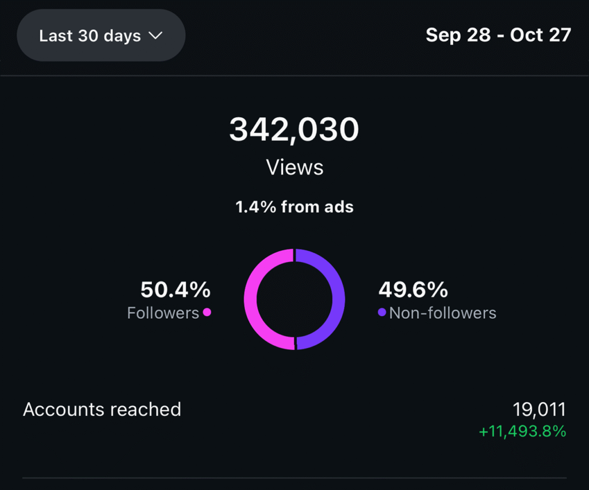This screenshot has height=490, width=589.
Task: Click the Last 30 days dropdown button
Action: pyautogui.click(x=101, y=36)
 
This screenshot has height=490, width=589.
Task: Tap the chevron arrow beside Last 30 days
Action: pyautogui.click(x=155, y=36)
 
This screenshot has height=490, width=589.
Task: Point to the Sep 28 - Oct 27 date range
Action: pyautogui.click(x=498, y=35)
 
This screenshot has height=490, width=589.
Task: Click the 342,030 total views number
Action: pyautogui.click(x=294, y=129)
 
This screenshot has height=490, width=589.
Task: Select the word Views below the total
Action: pyautogui.click(x=294, y=167)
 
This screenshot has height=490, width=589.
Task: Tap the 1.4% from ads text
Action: pyautogui.click(x=294, y=207)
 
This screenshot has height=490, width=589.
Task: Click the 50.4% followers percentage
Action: pyautogui.click(x=175, y=290)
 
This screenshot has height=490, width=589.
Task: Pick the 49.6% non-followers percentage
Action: pyautogui.click(x=413, y=290)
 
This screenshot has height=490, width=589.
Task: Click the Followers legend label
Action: pyautogui.click(x=163, y=313)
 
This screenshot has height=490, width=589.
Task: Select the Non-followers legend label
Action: pyautogui.click(x=442, y=313)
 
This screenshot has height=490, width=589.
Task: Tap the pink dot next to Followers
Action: pyautogui.click(x=207, y=312)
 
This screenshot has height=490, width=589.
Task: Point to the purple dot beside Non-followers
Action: pyautogui.click(x=382, y=312)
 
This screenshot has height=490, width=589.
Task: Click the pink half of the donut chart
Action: pyautogui.click(x=251, y=299)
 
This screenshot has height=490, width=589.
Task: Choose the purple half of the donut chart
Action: pyautogui.click(x=338, y=299)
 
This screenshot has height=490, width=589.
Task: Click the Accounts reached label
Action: pyautogui.click(x=102, y=410)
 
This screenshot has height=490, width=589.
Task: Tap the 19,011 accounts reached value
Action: pyautogui.click(x=539, y=410)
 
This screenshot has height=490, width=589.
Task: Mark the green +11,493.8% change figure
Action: pyautogui.click(x=522, y=431)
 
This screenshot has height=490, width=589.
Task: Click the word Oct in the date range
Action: pyautogui.click(x=526, y=35)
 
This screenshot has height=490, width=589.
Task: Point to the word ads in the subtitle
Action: pyautogui.click(x=338, y=207)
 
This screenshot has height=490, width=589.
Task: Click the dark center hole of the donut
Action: pyautogui.click(x=294, y=299)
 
